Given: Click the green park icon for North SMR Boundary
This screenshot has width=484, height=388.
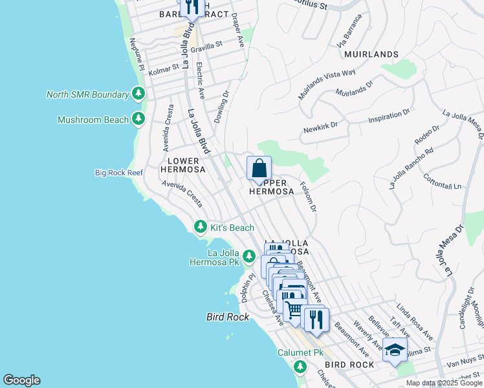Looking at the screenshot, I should [x=138, y=94].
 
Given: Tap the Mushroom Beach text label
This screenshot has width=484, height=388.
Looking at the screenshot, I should [x=93, y=120].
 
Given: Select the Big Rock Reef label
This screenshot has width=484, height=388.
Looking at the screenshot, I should [x=118, y=173].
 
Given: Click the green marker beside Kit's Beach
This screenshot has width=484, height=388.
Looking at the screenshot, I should [x=201, y=227].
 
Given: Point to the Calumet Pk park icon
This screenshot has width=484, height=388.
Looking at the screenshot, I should [x=299, y=367].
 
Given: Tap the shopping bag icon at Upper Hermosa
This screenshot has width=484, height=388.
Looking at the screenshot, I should [x=259, y=169].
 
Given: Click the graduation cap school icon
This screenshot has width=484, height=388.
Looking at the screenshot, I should [x=395, y=350].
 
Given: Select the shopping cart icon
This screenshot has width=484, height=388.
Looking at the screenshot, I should [x=294, y=310].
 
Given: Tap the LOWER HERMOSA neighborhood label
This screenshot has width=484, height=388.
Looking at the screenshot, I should [x=186, y=165].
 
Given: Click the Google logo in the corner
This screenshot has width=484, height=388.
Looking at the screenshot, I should [x=21, y=380].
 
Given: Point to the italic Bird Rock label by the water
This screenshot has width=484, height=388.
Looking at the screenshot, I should [x=224, y=318].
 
